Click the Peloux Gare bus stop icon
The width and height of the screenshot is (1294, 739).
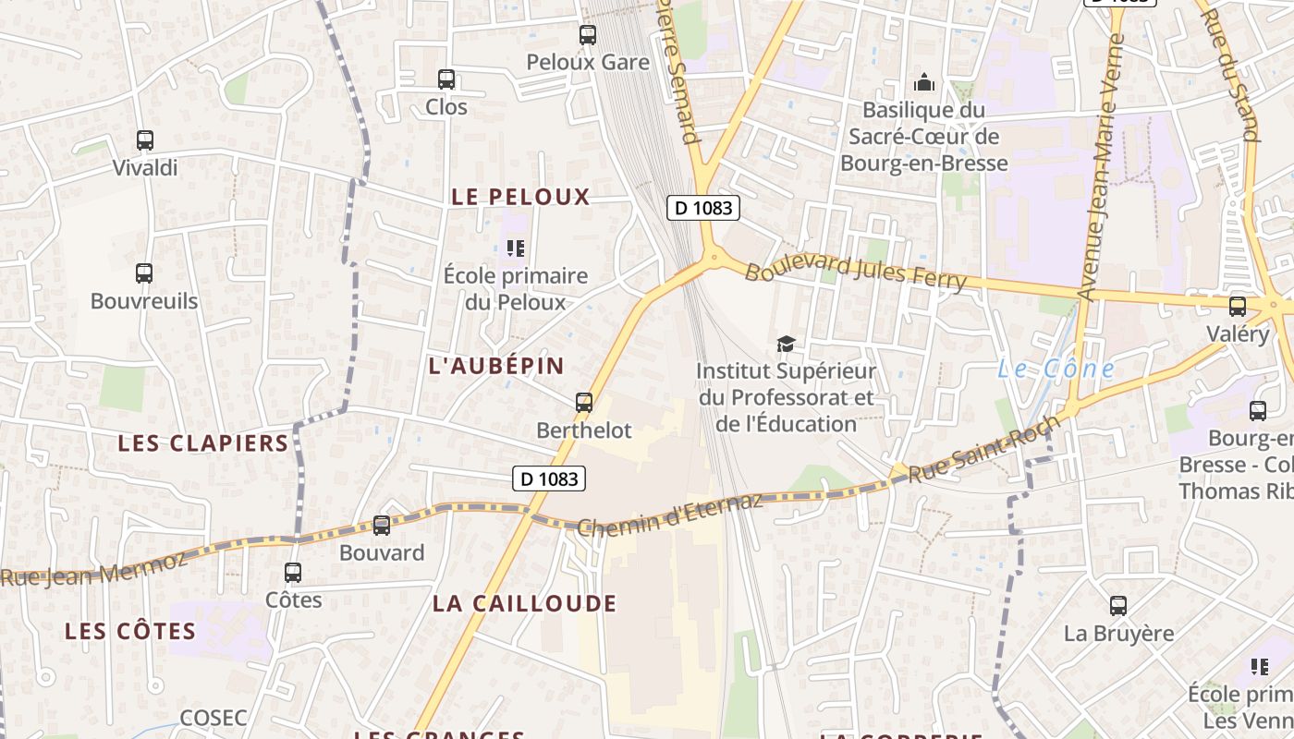click(x=588, y=35)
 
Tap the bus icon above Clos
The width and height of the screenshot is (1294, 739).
click(x=446, y=79)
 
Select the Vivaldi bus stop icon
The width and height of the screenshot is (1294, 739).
click(x=145, y=140)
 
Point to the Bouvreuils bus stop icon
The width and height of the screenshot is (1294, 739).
click(x=144, y=273)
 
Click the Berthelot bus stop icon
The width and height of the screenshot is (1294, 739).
click(x=584, y=403)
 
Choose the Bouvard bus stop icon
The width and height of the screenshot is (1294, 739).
click(x=382, y=526)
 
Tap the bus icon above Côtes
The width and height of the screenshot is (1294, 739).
click(x=293, y=573)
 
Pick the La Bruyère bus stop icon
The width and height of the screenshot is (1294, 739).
click(x=1118, y=606)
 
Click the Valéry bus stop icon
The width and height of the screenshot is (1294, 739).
click(x=1238, y=307)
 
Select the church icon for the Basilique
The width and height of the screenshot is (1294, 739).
click(x=924, y=83)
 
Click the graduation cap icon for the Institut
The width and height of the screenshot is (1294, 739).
click(x=786, y=345)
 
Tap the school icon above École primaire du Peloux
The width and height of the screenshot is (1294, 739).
click(x=516, y=248)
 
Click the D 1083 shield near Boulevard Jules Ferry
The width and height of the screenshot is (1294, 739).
click(x=704, y=208)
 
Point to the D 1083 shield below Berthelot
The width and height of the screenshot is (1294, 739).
click(x=549, y=479)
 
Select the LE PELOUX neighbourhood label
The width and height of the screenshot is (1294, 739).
click(x=520, y=197)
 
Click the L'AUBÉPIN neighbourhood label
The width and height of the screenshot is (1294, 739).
click(x=496, y=365)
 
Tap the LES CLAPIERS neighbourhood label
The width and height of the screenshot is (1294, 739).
click(x=203, y=443)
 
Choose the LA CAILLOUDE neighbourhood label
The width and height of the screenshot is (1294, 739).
click(x=524, y=604)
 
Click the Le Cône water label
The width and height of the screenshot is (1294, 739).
click(x=1056, y=369)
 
